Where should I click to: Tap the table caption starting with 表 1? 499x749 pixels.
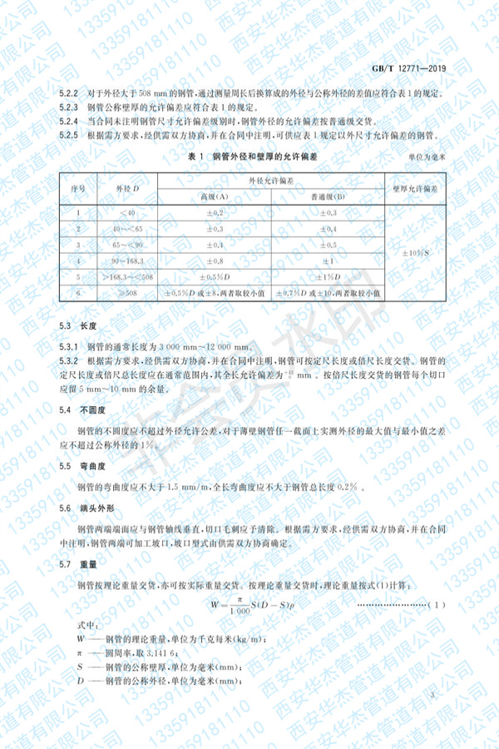[x=250, y=156]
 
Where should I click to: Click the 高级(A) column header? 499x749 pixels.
[x=213, y=196]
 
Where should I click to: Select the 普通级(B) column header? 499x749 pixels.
[x=329, y=196]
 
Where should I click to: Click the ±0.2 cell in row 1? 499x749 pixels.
[x=213, y=213]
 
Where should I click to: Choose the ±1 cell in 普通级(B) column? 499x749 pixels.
[x=329, y=260]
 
